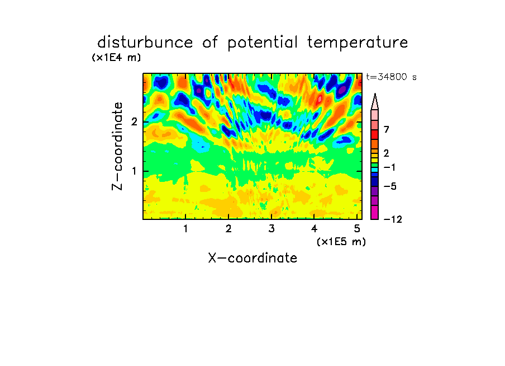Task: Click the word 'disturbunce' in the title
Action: coord(145,43)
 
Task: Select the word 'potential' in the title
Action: coord(263,43)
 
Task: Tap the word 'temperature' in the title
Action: coord(358,43)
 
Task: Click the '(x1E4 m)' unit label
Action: coord(116,58)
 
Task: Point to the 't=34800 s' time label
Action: coord(391,77)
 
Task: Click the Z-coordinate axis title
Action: coord(117,146)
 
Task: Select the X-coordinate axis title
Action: coord(252,258)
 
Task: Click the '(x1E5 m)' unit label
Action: coord(341,242)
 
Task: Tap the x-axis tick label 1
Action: coord(185,229)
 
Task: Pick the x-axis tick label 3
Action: coord(271,229)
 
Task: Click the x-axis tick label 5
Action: coord(357,229)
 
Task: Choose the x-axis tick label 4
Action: coord(314,229)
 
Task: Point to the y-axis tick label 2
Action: coord(134,122)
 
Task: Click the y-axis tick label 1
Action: coord(134,171)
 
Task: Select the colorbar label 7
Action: coord(387,129)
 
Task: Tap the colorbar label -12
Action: coord(393,219)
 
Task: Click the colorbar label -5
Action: coord(390,186)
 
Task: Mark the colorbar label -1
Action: coord(389,167)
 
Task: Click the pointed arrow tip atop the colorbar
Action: coord(375,94)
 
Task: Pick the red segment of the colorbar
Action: coord(375,134)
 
